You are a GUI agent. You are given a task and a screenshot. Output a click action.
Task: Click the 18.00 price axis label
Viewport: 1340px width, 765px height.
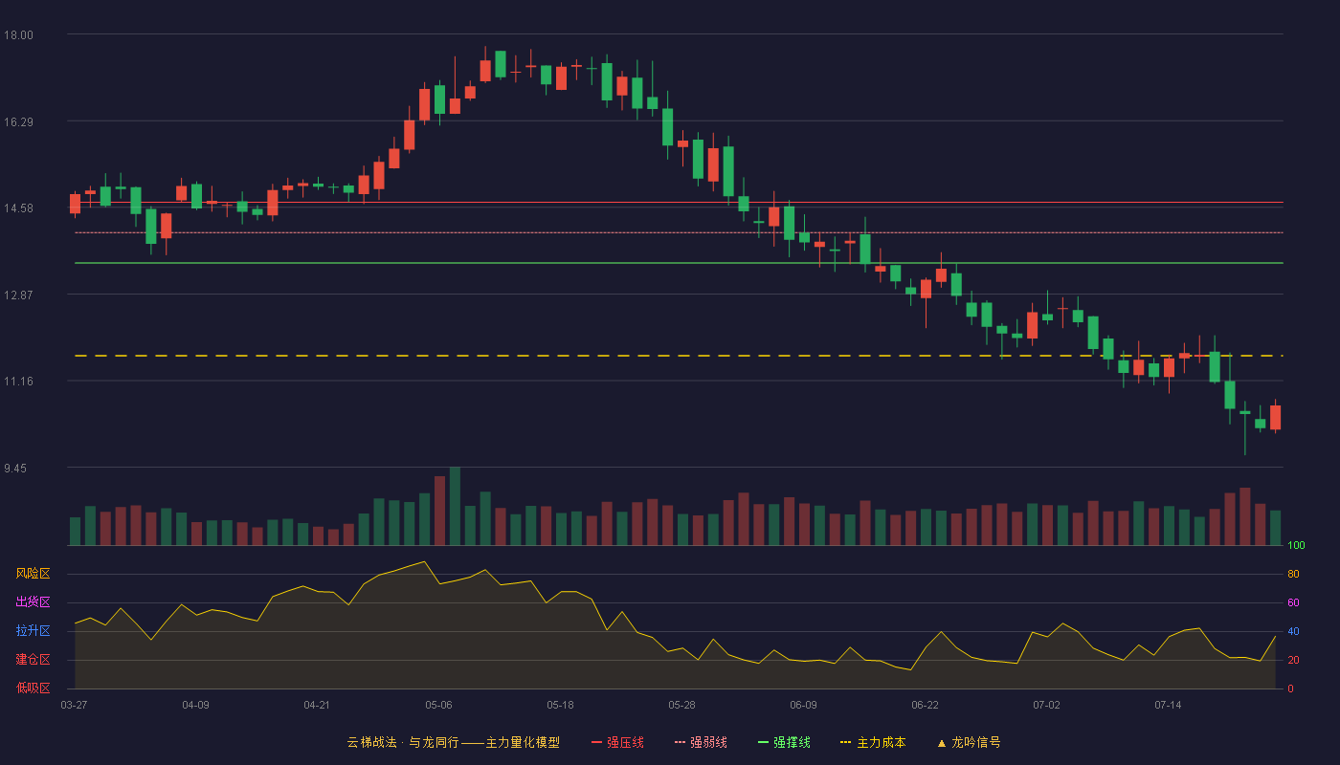pyautogui.click(x=18, y=35)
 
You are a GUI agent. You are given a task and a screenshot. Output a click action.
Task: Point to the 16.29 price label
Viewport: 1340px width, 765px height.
pyautogui.click(x=18, y=122)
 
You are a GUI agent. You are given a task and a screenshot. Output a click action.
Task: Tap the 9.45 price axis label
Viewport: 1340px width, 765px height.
pyautogui.click(x=15, y=468)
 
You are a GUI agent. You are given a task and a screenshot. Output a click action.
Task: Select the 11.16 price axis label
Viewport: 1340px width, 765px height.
pyautogui.click(x=18, y=382)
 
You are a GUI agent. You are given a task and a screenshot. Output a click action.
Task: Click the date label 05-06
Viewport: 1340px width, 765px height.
pyautogui.click(x=438, y=706)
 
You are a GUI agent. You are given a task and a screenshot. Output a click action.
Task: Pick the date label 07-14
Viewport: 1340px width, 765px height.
pyautogui.click(x=1168, y=706)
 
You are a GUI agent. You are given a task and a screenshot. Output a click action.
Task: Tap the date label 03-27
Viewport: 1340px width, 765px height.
pyautogui.click(x=75, y=706)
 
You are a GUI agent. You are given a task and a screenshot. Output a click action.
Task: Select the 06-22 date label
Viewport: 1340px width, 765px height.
pyautogui.click(x=925, y=706)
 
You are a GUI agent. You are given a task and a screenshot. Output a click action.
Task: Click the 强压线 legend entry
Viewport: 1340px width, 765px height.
pyautogui.click(x=617, y=742)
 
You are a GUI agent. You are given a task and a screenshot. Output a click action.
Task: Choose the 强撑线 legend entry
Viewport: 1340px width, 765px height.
pyautogui.click(x=784, y=742)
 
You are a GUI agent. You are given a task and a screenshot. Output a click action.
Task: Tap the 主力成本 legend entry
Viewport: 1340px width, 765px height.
pyautogui.click(x=873, y=742)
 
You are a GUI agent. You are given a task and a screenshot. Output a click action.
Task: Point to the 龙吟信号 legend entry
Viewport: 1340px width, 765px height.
pyautogui.click(x=969, y=742)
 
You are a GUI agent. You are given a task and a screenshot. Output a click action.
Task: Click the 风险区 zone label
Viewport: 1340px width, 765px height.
pyautogui.click(x=33, y=574)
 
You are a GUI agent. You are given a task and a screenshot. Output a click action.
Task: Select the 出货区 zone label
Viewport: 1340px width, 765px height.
pyautogui.click(x=33, y=601)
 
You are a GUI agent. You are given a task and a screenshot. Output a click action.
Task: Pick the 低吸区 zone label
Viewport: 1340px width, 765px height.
pyautogui.click(x=33, y=688)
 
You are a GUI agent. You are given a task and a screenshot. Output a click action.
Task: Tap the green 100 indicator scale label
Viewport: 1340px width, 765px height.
pyautogui.click(x=1296, y=545)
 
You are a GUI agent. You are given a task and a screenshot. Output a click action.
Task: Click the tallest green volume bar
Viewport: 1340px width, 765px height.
pyautogui.click(x=455, y=506)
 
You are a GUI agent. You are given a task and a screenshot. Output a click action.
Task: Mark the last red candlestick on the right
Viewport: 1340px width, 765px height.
pyautogui.click(x=1275, y=417)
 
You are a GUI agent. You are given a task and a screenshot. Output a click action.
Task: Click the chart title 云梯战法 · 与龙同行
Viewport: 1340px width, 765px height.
pyautogui.click(x=403, y=742)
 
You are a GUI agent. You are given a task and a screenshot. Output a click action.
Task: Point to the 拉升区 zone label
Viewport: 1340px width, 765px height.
pyautogui.click(x=33, y=630)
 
